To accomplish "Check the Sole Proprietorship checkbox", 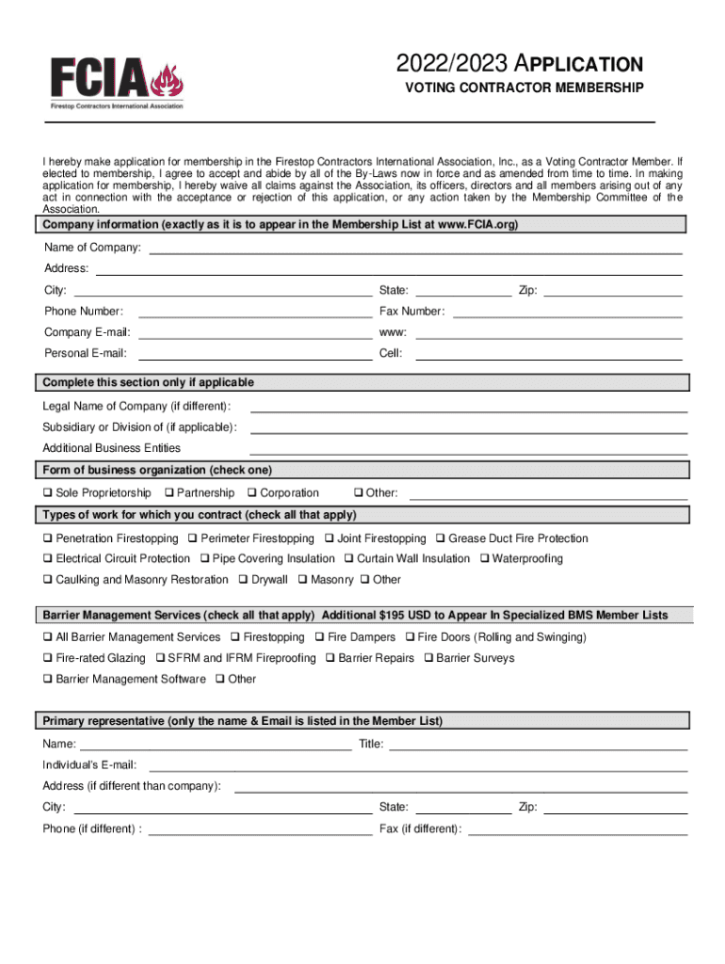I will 46,493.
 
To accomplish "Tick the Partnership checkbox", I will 168,493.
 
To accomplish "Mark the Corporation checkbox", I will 251,493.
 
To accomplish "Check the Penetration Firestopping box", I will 46,539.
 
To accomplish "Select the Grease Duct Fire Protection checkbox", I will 440,539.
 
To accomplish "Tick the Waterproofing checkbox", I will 484,559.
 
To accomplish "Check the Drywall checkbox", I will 243,580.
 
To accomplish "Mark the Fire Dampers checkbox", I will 319,638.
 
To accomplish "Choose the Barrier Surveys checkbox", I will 427,659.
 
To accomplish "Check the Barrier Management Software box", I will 46,680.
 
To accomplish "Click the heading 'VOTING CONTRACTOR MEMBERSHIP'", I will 524,88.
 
